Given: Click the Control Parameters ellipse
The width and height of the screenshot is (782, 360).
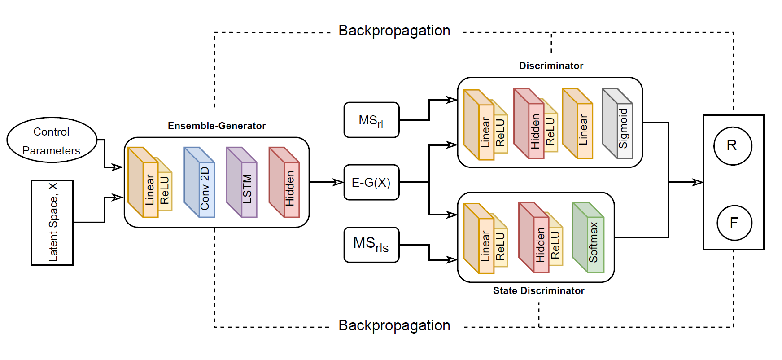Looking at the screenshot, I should click(52, 140).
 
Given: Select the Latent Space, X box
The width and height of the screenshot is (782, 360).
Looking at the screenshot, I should click(52, 223).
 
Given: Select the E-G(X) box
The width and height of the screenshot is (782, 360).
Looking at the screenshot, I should click(371, 182).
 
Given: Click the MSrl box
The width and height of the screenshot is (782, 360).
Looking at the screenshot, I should click(371, 120).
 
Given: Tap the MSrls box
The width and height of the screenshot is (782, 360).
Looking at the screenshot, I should click(371, 245).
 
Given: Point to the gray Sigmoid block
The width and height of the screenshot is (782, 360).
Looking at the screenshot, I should click(618, 124).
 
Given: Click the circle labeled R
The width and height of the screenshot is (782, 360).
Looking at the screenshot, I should click(732, 146).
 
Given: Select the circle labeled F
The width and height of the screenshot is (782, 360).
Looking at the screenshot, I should click(734, 223).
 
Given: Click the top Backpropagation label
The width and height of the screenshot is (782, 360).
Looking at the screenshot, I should click(394, 31).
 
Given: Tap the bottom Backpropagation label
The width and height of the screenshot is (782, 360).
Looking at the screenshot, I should click(394, 325).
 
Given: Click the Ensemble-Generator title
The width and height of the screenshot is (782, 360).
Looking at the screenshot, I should click(216, 126).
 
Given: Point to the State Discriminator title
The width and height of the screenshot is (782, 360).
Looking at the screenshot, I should click(538, 291).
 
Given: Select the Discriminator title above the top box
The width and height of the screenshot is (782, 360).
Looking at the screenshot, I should click(551, 66).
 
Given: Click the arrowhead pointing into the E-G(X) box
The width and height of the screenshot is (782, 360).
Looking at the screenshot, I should click(339, 182).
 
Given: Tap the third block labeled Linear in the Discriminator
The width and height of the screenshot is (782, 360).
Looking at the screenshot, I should click(579, 125).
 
